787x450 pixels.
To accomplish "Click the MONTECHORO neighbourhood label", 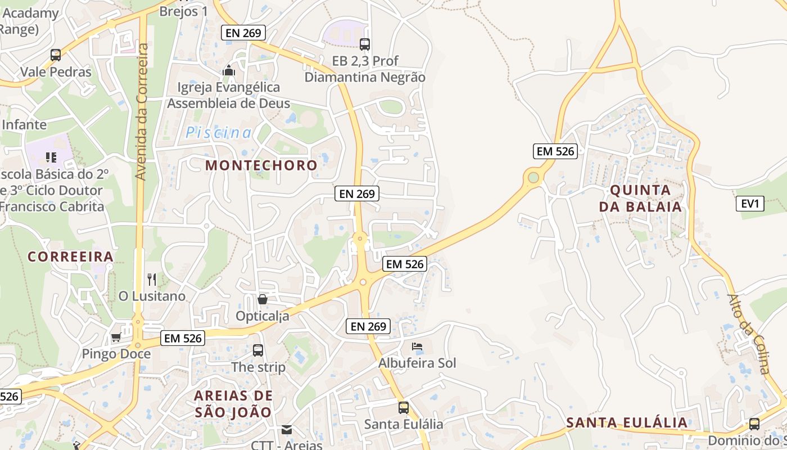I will pos(261,165).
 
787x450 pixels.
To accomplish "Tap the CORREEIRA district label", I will pos(71,256).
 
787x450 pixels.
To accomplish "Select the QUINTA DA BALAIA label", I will pos(640,198).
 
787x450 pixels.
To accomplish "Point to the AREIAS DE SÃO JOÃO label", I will pos(233,403).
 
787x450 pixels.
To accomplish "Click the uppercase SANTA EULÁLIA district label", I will pos(627,422).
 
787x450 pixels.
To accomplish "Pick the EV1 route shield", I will pos(750,204).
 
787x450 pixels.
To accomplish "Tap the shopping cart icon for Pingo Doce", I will pos(116,337).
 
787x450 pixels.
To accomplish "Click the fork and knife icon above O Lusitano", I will pos(151,279).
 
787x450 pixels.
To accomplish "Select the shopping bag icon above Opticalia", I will pos(262,299).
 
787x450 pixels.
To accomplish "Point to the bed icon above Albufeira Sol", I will pos(417,346).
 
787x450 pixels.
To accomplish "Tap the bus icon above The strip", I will pos(258,350).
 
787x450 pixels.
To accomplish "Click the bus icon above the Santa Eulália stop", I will pos(404,407).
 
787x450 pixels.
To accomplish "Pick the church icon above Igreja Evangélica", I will pos(228,71).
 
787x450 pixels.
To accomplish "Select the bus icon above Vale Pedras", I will pos(56,55).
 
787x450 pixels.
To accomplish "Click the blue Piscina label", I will pos(219,132).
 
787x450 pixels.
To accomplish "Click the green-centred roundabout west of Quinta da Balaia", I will pos(533,178).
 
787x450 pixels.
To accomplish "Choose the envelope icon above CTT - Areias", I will pos(287,430).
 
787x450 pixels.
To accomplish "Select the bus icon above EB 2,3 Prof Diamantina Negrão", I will pos(365,44).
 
